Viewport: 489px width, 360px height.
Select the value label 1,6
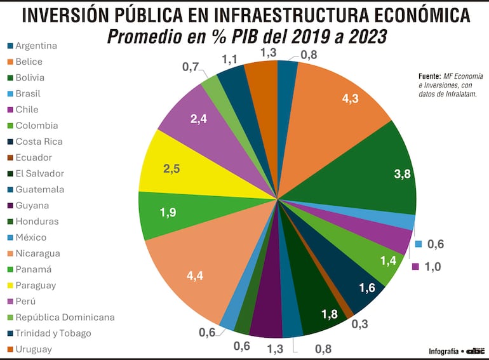coord(367,289)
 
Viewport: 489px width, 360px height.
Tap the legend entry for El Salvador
coord(39,173)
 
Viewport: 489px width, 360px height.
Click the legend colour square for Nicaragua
coord(10,253)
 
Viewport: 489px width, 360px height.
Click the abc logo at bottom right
coord(475,350)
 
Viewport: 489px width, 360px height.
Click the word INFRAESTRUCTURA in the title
coord(293,15)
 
